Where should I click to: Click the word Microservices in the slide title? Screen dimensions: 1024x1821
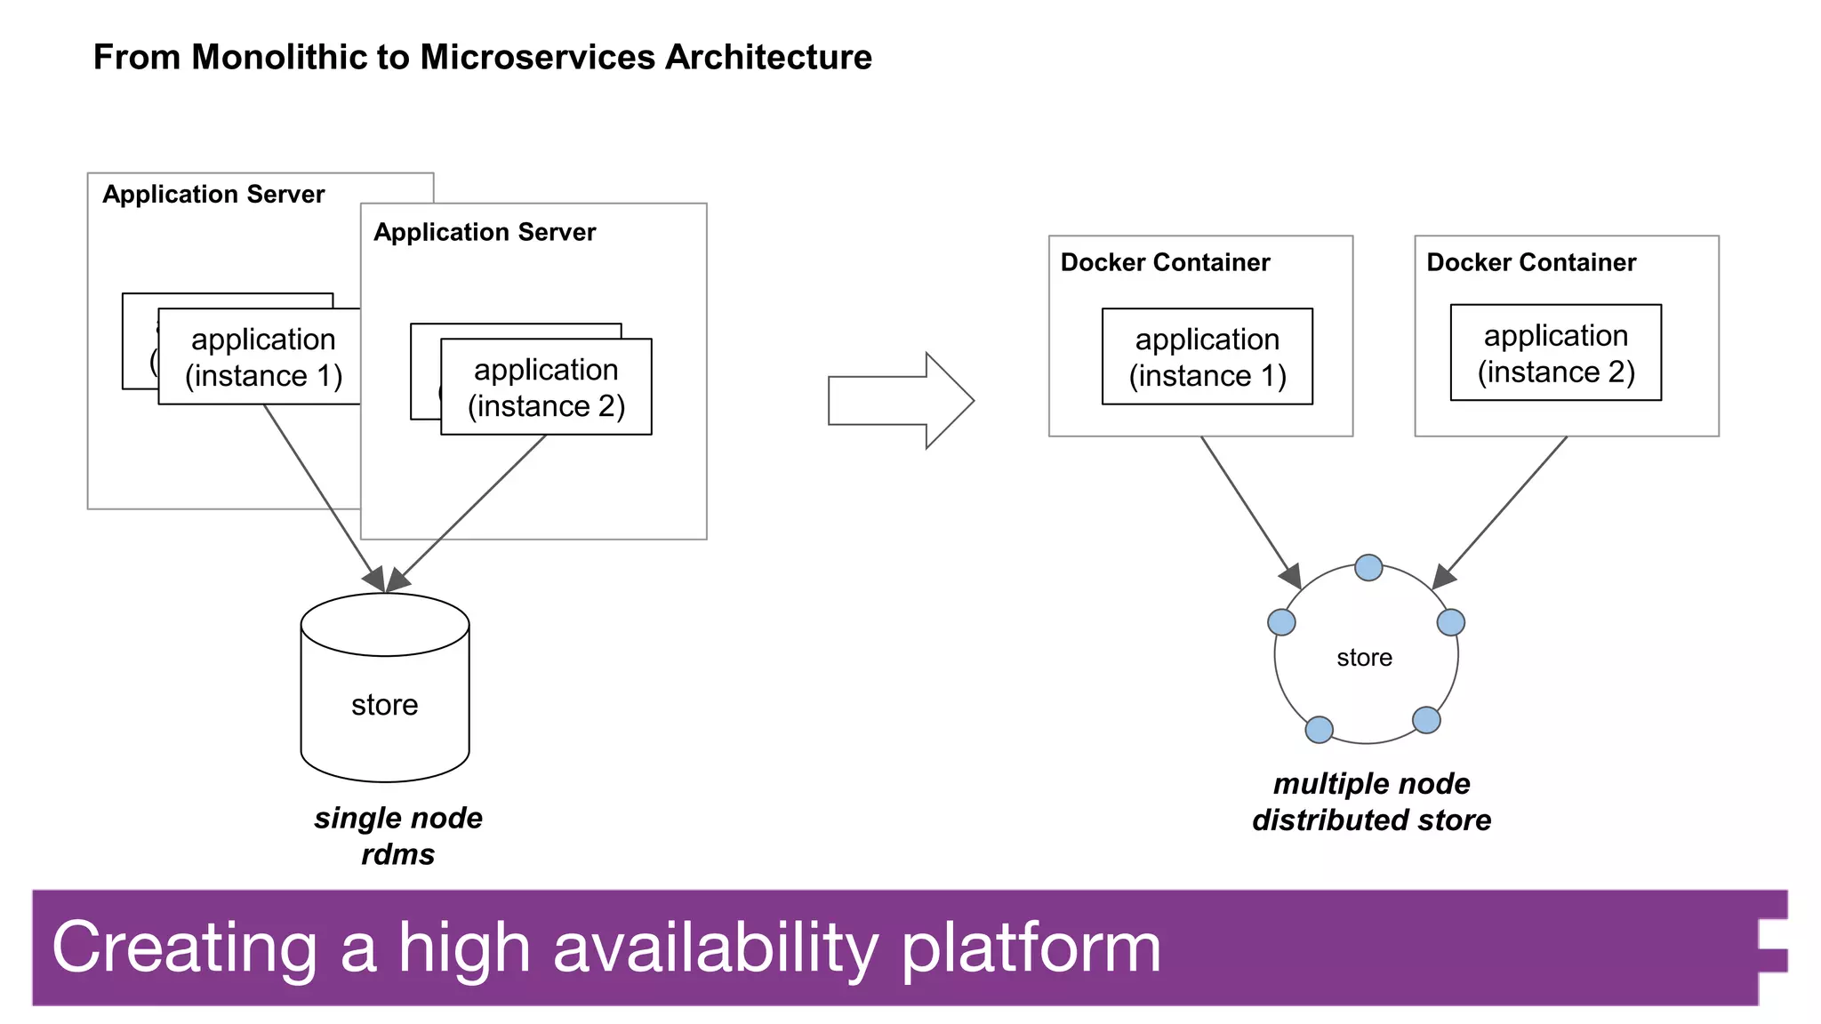point(538,58)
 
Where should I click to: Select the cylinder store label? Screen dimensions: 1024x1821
point(384,705)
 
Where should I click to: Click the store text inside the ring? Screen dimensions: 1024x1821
point(1364,658)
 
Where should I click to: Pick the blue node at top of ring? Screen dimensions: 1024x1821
point(1368,567)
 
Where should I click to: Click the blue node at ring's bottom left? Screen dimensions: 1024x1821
point(1319,730)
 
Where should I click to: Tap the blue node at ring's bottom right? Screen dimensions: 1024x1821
point(1426,720)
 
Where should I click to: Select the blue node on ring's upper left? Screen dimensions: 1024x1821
point(1281,622)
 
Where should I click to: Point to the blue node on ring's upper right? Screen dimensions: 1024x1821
point(1450,622)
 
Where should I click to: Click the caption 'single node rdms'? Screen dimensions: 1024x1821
point(397,836)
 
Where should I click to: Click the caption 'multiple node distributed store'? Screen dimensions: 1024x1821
point(1371,802)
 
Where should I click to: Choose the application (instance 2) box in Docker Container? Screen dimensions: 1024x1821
point(1555,353)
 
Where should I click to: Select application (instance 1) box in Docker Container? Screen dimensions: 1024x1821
point(1207,356)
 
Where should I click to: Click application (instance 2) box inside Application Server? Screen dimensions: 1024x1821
point(546,387)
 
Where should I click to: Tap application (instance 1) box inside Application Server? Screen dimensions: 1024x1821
point(263,356)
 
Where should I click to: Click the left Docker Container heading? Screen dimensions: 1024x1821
point(1165,262)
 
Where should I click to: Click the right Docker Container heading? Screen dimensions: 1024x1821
point(1530,262)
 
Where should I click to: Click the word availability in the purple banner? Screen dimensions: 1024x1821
point(716,948)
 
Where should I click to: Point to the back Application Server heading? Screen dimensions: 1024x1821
point(213,195)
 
